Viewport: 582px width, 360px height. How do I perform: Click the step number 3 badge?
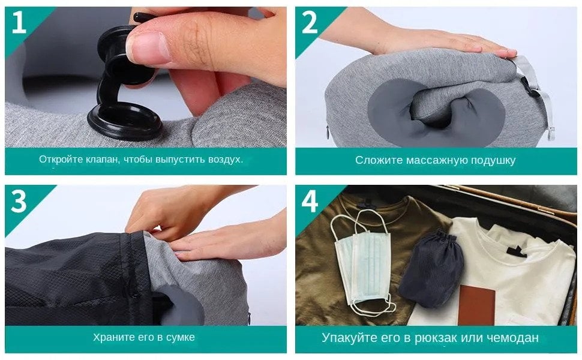pos(19,202)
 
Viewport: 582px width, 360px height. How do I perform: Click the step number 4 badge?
pos(309,202)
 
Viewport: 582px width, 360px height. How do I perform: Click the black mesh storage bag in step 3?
pos(72,276)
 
